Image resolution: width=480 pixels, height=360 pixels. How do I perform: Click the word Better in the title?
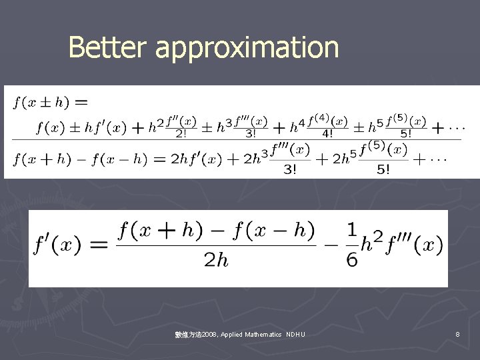point(109,47)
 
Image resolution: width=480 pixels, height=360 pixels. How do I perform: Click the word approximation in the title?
point(247,49)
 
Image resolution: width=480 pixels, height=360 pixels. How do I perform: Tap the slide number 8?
point(457,334)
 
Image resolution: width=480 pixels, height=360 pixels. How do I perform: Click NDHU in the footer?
point(295,334)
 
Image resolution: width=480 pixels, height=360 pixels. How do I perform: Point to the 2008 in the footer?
point(209,334)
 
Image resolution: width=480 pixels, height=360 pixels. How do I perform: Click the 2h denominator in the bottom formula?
point(215,260)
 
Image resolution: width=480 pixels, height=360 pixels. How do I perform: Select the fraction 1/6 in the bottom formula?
point(352,245)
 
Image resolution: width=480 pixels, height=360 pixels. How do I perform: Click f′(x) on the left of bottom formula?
point(59,245)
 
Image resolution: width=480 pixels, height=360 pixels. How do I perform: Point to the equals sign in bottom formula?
point(99,245)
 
